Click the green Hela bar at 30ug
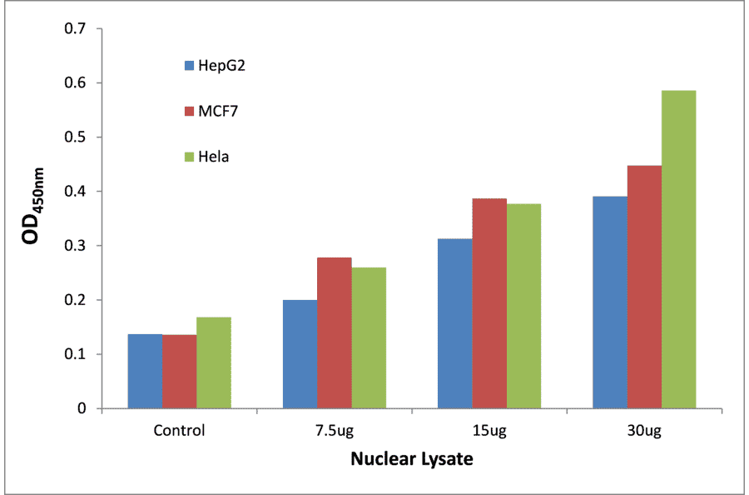pyautogui.click(x=678, y=250)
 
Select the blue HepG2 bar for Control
pyautogui.click(x=145, y=372)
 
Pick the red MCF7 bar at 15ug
pyautogui.click(x=489, y=303)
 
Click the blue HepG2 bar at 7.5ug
pyautogui.click(x=300, y=354)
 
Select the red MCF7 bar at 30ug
pyautogui.click(x=644, y=287)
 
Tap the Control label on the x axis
pyautogui.click(x=179, y=432)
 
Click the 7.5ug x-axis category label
pyautogui.click(x=334, y=432)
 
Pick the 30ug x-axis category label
pyautogui.click(x=644, y=432)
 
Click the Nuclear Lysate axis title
pyautogui.click(x=411, y=459)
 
